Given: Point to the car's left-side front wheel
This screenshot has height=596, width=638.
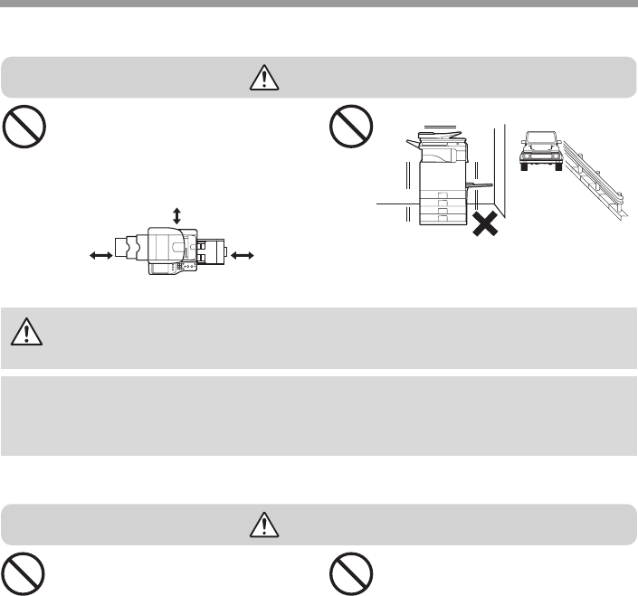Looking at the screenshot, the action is click(523, 166).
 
